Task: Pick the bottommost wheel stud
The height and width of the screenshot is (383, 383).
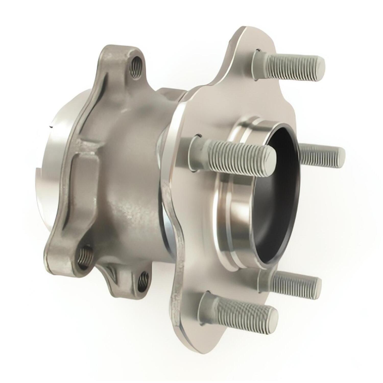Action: pos(237,312)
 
